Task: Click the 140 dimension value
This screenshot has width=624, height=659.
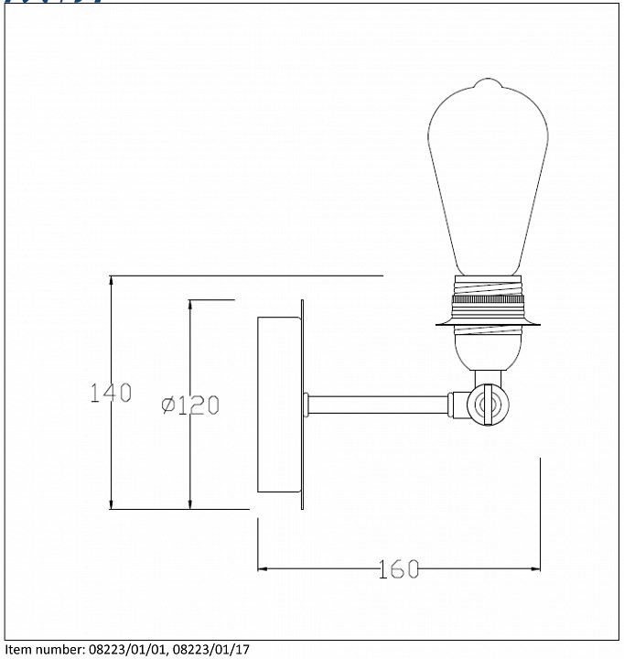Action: [111, 393]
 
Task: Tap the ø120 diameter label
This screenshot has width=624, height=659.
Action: [190, 405]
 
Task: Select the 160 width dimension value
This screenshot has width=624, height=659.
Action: [398, 569]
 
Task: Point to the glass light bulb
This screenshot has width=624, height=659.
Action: [488, 177]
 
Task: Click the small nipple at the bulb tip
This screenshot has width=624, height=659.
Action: [488, 82]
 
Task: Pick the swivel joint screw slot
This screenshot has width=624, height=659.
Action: [488, 405]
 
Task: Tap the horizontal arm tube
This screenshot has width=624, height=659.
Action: [377, 405]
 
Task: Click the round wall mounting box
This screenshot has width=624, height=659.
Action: [279, 405]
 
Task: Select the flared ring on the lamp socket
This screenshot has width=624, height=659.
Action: [488, 322]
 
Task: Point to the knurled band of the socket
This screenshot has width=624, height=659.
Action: [488, 299]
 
